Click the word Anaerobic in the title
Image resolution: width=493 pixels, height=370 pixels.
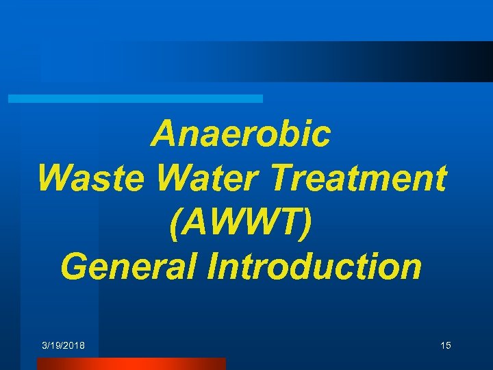coord(241,134)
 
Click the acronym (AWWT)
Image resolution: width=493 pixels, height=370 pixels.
coord(241,223)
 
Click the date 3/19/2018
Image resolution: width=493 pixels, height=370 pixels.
coord(63,345)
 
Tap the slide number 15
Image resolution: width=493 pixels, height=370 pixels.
coord(446,345)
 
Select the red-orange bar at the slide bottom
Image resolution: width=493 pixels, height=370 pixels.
coord(131,364)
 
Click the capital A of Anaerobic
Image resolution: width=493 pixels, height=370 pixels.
coord(164,134)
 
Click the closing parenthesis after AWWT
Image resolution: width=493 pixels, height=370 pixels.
coord(312,223)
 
